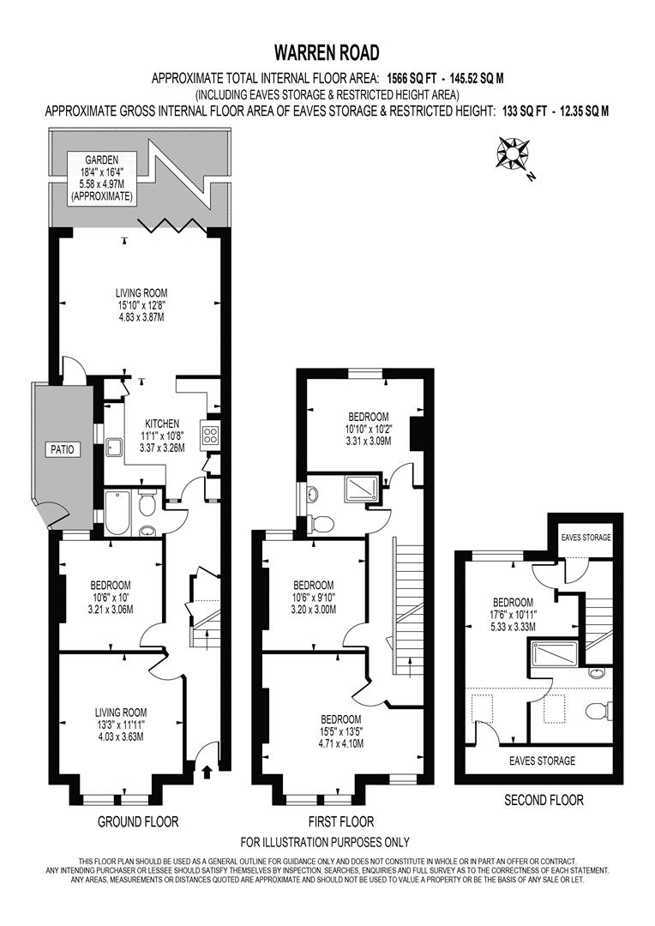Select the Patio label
click(63, 448)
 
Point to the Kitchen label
click(162, 424)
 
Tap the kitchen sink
click(113, 447)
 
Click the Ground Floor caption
click(138, 821)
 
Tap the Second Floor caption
click(544, 800)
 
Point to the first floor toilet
click(323, 521)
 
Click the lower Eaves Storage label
click(541, 761)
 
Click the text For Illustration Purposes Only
click(325, 841)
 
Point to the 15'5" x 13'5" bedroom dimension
click(342, 731)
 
